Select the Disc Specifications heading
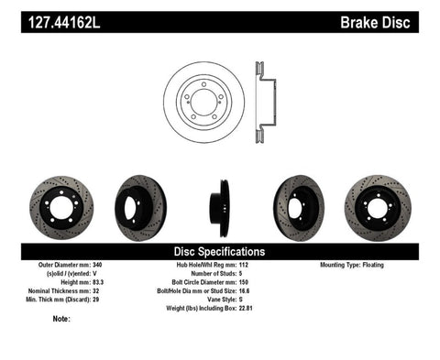(220, 251)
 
